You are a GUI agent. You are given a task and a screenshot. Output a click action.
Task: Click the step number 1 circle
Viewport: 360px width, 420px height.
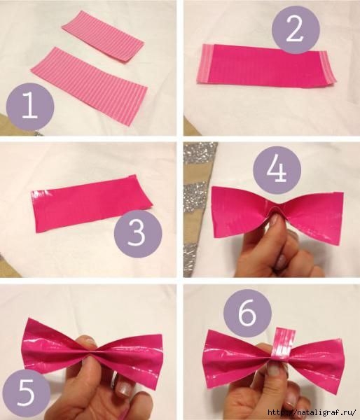pos(30,106)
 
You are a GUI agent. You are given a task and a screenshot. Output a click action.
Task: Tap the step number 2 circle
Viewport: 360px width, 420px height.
pos(296,29)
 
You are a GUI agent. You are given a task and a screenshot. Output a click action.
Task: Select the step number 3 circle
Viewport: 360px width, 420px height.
pos(138,234)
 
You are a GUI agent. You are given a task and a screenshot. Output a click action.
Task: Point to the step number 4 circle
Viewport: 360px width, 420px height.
pos(277,170)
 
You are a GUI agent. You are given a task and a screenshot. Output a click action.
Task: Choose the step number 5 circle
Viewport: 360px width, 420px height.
pos(27,393)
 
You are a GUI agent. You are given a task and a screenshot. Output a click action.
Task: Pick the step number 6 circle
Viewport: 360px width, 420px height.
pos(248,313)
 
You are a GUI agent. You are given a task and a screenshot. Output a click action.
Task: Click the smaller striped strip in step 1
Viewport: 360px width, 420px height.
pos(103,36)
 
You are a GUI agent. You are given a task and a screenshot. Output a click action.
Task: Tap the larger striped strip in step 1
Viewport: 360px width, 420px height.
pos(89,85)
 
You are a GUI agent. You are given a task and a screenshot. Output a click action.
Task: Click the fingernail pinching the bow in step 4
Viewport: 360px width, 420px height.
pos(274,220)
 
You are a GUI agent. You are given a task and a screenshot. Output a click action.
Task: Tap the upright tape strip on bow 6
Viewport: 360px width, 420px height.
pos(284,345)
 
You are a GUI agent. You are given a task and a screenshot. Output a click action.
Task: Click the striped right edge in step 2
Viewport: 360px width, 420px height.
pos(327,69)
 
